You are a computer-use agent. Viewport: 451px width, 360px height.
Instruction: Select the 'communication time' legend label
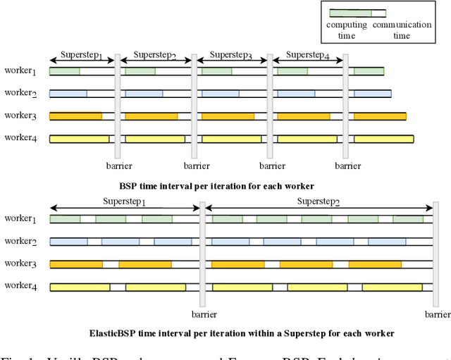tap(402, 30)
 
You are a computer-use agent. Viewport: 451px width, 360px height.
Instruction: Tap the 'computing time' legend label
tap(346, 30)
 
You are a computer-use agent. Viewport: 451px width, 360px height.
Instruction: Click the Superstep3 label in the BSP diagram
tap(232, 55)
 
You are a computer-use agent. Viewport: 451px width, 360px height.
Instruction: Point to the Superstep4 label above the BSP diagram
tap(307, 55)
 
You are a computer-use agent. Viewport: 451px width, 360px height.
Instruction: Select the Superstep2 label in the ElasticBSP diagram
tap(318, 201)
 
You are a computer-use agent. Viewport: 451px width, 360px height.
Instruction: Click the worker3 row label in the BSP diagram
tap(20, 116)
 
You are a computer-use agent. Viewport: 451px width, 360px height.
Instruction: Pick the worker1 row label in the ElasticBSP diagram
tap(20, 218)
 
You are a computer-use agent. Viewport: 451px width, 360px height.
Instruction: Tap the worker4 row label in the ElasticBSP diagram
tap(20, 285)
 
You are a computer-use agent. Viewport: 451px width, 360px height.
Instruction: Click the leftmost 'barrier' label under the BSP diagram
tap(118, 166)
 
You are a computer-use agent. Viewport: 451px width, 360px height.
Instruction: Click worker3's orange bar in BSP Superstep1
tap(75, 116)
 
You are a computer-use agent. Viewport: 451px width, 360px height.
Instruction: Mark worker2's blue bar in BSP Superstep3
tap(220, 93)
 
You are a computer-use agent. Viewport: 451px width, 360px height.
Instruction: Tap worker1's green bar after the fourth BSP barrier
tap(369, 71)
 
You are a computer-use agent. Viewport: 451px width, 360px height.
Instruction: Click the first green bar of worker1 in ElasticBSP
tap(65, 219)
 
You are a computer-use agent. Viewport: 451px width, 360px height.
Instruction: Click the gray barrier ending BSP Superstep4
tap(345, 106)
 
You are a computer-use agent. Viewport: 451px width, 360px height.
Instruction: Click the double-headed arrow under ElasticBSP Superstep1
tap(124, 208)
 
